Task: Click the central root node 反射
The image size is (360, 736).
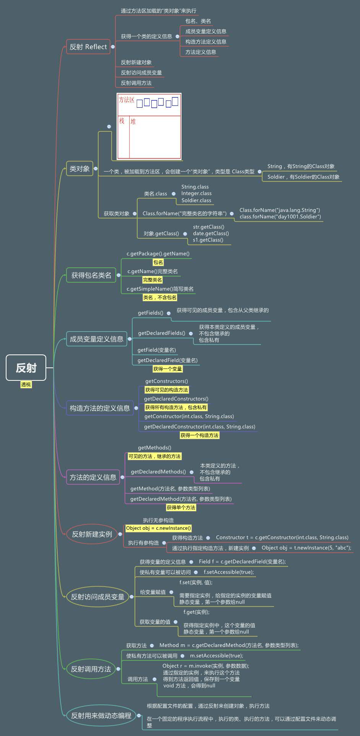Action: click(x=26, y=367)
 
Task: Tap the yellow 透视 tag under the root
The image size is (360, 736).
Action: click(x=26, y=385)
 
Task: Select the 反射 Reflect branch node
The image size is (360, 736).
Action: click(x=88, y=47)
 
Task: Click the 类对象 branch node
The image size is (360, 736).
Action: click(x=79, y=168)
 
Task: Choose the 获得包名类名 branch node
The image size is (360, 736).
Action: click(x=91, y=275)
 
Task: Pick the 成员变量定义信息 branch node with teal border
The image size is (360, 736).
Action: click(x=96, y=339)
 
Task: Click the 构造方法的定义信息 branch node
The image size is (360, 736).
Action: click(x=100, y=408)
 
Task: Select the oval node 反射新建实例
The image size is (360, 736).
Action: click(x=92, y=534)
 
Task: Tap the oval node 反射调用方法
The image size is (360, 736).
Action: click(x=91, y=669)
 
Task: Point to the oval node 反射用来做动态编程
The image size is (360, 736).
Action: click(x=101, y=715)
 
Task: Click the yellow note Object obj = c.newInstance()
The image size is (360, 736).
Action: click(x=159, y=528)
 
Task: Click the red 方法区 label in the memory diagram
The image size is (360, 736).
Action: click(x=126, y=100)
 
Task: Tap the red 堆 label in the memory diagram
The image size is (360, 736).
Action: click(x=133, y=121)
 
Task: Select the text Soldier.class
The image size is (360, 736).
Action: click(x=196, y=200)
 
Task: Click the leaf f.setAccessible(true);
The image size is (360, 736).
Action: click(x=229, y=572)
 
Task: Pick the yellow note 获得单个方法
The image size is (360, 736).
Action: click(x=181, y=508)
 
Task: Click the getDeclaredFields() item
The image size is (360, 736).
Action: click(x=161, y=333)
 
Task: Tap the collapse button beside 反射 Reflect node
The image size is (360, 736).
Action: click(x=113, y=47)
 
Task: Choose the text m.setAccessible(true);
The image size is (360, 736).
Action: click(x=216, y=655)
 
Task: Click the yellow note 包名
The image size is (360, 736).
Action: click(x=158, y=262)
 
